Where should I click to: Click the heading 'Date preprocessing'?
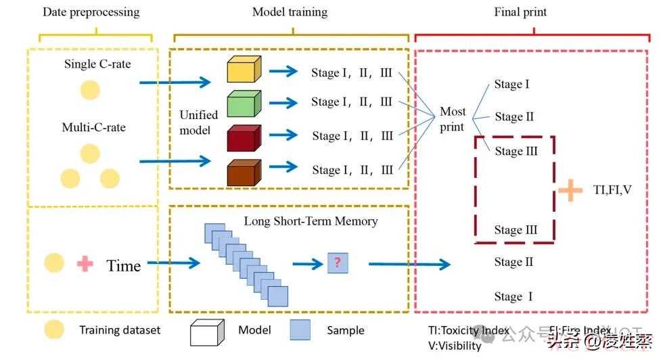click(91, 12)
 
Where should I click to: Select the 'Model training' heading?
click(290, 12)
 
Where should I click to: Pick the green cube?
click(244, 103)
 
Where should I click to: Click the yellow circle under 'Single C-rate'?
click(90, 90)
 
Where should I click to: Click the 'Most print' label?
click(453, 119)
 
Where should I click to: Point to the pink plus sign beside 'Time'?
click(85, 264)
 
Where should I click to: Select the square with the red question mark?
click(337, 263)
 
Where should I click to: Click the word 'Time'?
click(124, 265)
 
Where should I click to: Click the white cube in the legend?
click(206, 332)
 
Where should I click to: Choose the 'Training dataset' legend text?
click(120, 330)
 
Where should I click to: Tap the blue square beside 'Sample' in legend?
click(300, 330)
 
